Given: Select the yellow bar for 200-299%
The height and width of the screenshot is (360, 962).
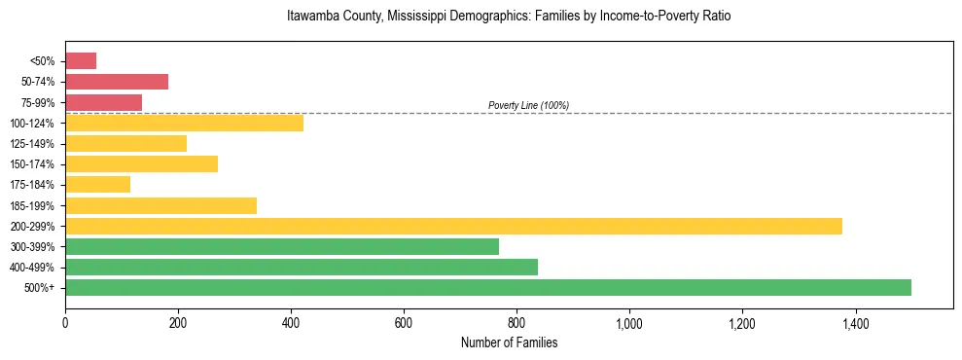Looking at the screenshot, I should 453,226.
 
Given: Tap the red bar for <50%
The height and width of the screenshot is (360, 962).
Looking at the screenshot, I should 81,61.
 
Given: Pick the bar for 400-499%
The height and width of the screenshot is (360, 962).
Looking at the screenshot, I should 302,267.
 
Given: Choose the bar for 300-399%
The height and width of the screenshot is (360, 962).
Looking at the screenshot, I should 282,246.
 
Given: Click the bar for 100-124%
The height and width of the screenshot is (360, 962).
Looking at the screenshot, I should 184,123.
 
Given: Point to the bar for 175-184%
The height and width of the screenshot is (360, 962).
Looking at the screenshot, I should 97,184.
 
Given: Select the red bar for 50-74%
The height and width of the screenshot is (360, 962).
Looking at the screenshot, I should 117,82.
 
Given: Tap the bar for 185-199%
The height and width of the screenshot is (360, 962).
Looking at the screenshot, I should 160,205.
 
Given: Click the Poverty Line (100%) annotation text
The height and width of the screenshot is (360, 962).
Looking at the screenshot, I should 528,105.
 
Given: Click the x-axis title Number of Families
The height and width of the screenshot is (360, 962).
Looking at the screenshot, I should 509,342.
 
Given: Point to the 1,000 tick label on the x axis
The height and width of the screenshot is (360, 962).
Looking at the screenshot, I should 629,323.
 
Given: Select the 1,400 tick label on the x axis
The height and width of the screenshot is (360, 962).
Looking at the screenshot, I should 855,323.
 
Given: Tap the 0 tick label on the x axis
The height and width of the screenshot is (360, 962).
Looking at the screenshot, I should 65,323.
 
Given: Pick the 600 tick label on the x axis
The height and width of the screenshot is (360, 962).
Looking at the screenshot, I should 404,323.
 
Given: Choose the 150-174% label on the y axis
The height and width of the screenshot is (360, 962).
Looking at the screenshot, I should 33,164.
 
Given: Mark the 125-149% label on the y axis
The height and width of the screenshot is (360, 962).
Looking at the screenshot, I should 33,144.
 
